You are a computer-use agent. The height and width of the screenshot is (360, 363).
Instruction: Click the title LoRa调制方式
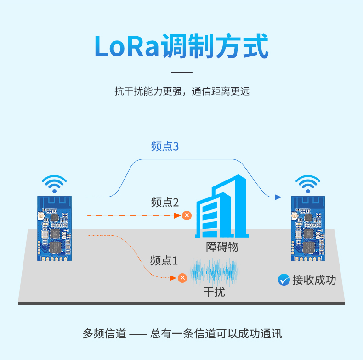point(181,46)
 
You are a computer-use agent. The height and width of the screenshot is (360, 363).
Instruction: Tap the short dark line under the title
point(182,73)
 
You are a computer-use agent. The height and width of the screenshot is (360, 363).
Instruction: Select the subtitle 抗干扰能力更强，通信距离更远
point(182,91)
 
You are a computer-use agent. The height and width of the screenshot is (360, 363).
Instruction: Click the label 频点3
point(165,146)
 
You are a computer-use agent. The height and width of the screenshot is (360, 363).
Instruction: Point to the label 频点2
point(165,202)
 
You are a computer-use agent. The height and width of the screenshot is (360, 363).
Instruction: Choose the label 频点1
point(164,261)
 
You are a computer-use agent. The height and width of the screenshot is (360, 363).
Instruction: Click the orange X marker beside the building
point(187,215)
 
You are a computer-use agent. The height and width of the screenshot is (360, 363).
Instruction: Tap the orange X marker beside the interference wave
point(182,278)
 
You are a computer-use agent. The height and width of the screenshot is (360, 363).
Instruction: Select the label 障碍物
point(222,247)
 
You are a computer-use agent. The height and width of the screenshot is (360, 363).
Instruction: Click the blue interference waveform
point(215,272)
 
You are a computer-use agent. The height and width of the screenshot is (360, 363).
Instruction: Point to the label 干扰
point(214,292)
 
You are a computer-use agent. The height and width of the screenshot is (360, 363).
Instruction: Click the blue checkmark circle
point(284,280)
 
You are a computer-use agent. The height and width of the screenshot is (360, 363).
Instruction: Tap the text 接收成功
point(314,280)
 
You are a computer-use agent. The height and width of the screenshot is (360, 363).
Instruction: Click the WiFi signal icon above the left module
point(54,184)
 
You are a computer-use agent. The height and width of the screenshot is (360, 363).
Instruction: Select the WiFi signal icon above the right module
point(308,184)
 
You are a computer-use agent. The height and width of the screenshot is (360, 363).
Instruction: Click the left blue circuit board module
point(54,228)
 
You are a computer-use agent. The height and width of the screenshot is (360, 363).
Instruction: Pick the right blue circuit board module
point(308,228)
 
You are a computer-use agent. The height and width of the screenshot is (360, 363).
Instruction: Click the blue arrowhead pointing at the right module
point(278,197)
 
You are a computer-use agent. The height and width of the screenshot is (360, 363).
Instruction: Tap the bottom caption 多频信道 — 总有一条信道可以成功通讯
point(182,334)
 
